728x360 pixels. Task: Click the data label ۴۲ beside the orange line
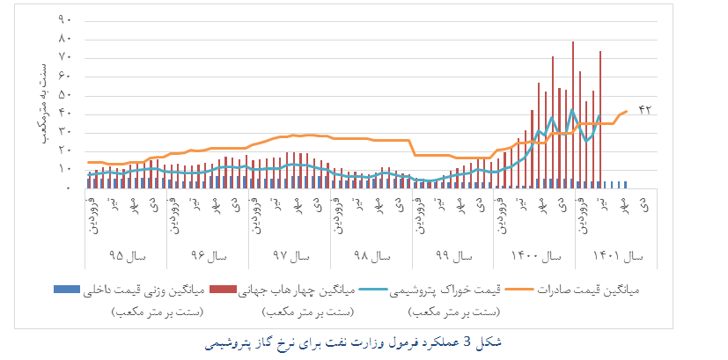tap(644, 109)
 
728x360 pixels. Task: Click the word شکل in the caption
tap(493, 339)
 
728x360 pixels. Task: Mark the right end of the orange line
tap(627, 111)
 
